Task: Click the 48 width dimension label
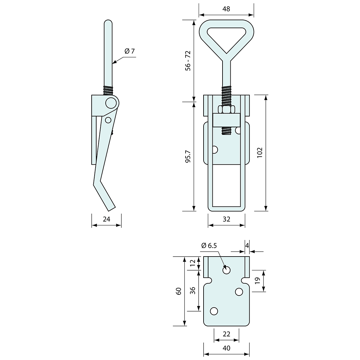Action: [x=226, y=9]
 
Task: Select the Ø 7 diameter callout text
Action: [x=130, y=51]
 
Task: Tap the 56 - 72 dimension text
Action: [x=188, y=61]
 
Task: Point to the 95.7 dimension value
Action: [x=188, y=156]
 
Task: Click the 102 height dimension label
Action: [x=260, y=153]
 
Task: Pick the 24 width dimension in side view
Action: [x=106, y=219]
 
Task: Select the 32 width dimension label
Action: [x=226, y=219]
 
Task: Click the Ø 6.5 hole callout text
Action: [x=209, y=245]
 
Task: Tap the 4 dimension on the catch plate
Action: [x=247, y=245]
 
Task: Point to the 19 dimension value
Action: [x=257, y=280]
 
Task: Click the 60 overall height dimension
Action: [x=179, y=291]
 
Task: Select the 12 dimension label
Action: [x=193, y=262]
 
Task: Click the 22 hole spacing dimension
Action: [x=226, y=334]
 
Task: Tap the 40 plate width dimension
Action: [x=226, y=348]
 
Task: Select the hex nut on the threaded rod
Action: [x=226, y=109]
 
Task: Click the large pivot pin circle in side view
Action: [x=111, y=103]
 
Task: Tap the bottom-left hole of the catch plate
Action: [x=214, y=311]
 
